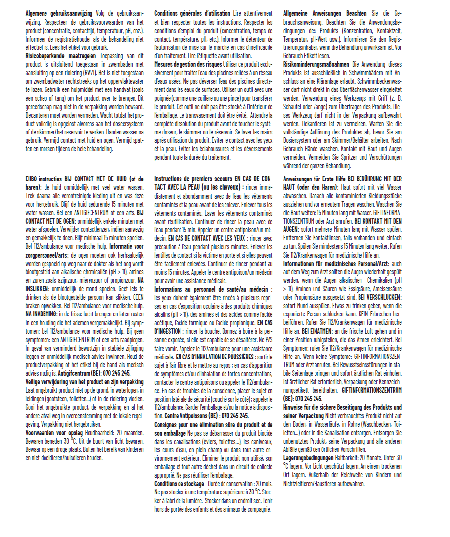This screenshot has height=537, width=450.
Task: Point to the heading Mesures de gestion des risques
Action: [188, 64]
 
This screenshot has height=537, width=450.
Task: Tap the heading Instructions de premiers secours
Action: [193, 179]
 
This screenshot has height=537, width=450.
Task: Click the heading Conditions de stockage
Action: [179, 483]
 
